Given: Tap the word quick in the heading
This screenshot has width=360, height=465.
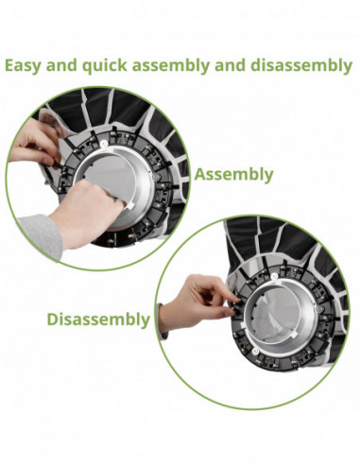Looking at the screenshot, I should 108,66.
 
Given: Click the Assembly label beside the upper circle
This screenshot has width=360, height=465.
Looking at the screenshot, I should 233,174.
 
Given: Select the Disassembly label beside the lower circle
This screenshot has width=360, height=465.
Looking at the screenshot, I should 98,319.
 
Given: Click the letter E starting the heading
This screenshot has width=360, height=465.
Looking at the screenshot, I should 9,66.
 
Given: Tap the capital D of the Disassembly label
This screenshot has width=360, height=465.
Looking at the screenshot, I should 54,319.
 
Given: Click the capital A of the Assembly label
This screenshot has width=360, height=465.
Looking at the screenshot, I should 200,174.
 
